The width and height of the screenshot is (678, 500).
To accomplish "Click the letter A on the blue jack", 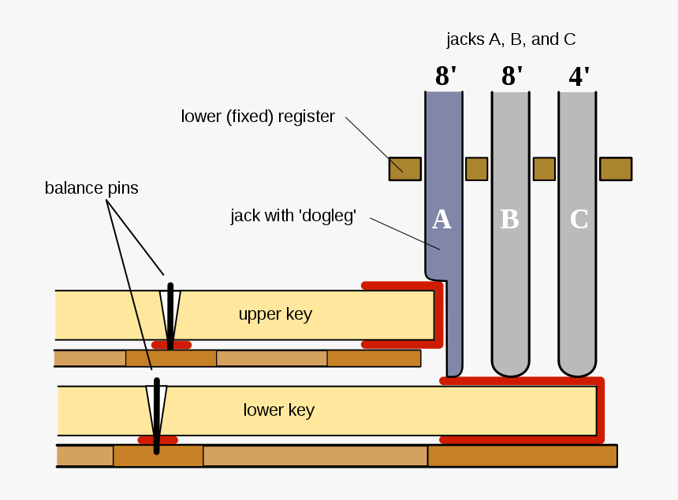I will coord(441,220).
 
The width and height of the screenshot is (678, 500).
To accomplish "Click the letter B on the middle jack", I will coord(509,220).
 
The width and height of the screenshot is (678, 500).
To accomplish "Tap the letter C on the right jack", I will coord(579,220).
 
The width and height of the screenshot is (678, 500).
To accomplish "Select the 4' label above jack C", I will coord(579,76).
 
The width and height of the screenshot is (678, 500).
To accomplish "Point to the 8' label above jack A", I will coord(445,76).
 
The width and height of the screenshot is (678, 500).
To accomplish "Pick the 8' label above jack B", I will coord(512,76).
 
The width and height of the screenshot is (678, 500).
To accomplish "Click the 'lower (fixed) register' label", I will coord(258,117).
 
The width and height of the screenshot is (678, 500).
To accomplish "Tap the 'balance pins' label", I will coord(91,188).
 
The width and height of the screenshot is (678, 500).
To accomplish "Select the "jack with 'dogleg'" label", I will coord(293,216).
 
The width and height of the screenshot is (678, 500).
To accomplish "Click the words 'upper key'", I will coord(275,315).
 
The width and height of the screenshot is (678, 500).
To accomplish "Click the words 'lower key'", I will coord(278,410).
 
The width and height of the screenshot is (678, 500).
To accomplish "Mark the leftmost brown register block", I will coord(404,169).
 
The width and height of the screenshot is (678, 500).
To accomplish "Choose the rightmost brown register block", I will coord(615,169).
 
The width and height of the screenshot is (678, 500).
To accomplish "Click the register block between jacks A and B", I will coord(476,169).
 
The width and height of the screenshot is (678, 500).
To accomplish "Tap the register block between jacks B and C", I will coord(544,169).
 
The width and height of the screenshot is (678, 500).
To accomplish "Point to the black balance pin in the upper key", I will coord(169,315).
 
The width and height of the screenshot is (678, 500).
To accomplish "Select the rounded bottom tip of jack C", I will coord(576,369).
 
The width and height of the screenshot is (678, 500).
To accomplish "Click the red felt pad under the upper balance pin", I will coord(171,345).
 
